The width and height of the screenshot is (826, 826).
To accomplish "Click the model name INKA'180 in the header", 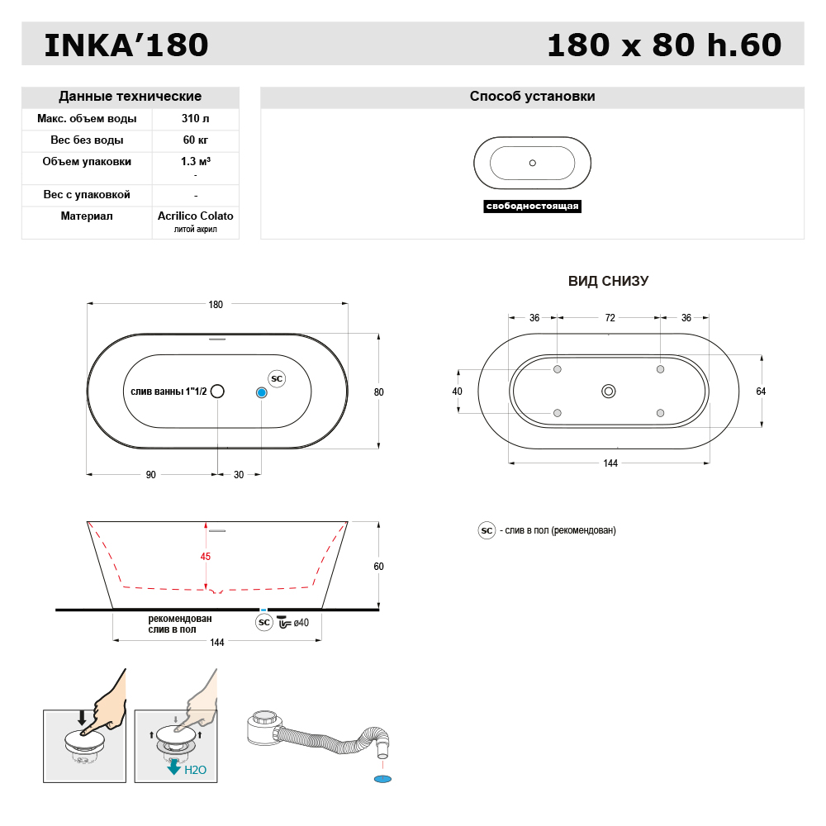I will (126, 45).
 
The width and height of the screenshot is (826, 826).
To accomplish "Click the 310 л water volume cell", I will (195, 119).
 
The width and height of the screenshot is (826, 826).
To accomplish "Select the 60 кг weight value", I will (195, 140).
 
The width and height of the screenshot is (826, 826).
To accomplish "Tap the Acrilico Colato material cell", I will (195, 216).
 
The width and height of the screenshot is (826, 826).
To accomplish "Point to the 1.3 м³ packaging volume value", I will (195, 162).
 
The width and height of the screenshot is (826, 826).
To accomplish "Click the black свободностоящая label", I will (532, 206).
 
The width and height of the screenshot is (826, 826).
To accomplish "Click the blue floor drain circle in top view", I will (262, 392).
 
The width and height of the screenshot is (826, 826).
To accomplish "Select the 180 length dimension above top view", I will (216, 305).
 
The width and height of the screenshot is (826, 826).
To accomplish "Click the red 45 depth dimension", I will (206, 557).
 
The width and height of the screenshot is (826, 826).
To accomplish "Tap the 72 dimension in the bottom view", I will (610, 318).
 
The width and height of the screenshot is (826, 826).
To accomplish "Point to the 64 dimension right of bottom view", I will (761, 392).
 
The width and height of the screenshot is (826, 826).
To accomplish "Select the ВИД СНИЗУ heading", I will (608, 282).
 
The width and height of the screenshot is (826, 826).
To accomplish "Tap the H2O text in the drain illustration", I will (195, 770).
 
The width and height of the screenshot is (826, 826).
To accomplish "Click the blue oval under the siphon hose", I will (382, 779).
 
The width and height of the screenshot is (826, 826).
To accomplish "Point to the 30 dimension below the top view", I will (239, 475).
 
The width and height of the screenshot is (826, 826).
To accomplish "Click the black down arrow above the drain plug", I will (81, 717).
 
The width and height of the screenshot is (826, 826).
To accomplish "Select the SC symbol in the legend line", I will (487, 530).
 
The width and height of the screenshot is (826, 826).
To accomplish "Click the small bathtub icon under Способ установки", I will (532, 163).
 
